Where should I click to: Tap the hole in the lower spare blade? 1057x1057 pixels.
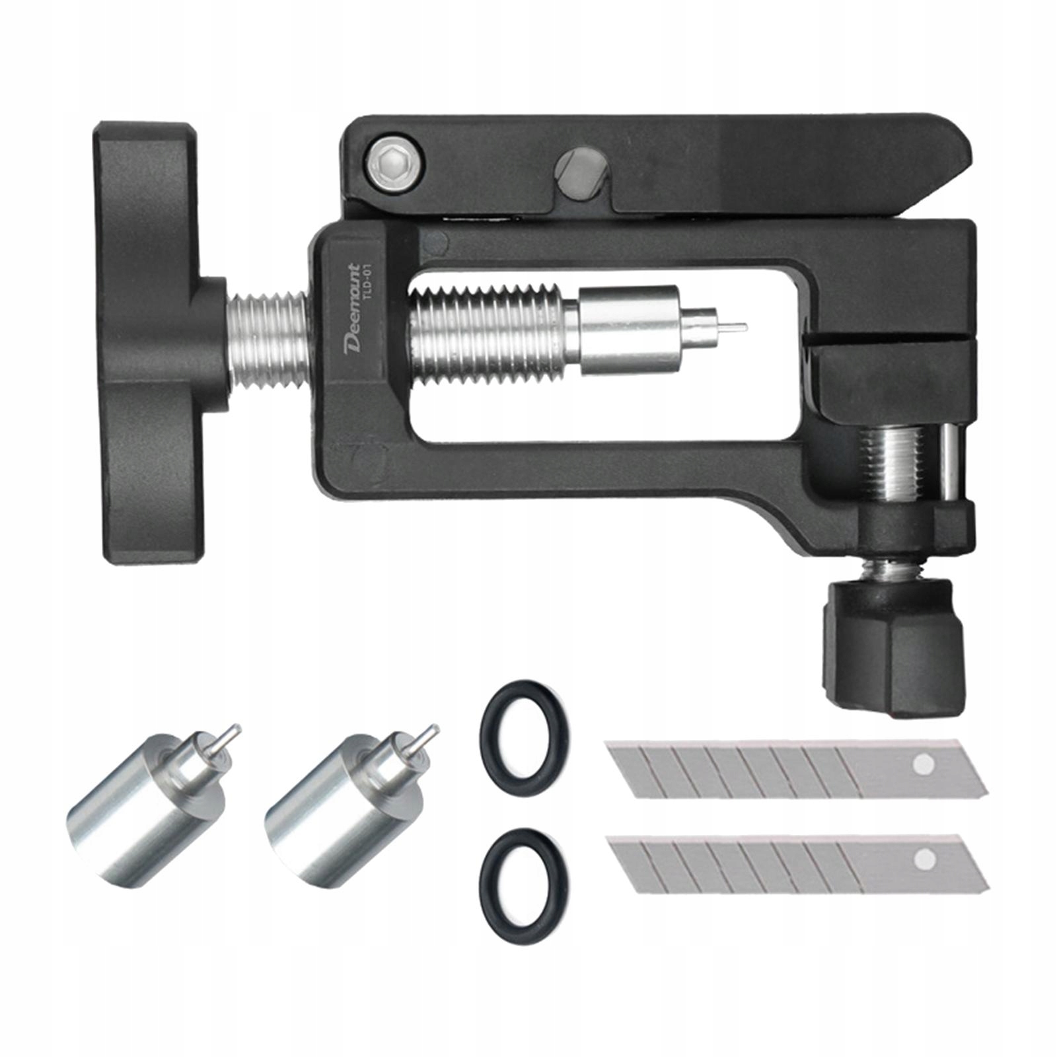pyautogui.click(x=924, y=859)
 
